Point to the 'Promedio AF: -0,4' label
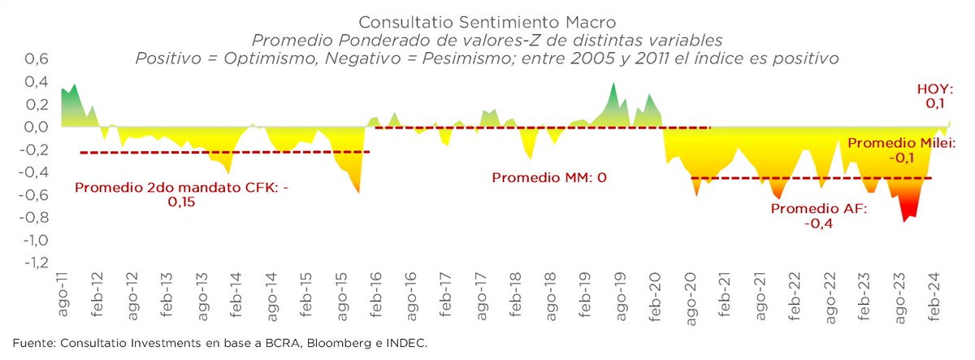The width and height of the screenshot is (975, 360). pyautogui.click(x=818, y=215)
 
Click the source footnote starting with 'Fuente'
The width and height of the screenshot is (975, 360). pyautogui.click(x=219, y=344)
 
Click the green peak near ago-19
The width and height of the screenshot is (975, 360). pyautogui.click(x=613, y=84)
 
